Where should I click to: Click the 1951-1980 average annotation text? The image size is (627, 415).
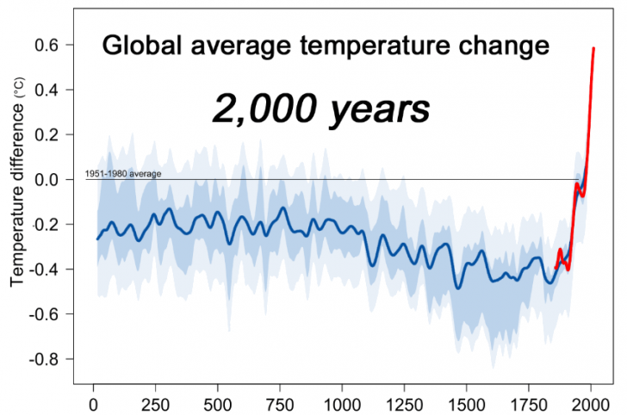pos(123,175)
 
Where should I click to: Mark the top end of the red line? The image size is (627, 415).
pos(593,48)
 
